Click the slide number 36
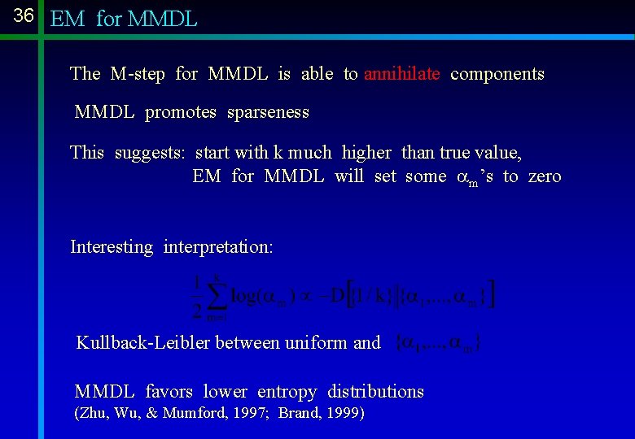[x=23, y=16]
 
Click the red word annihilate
[x=402, y=74]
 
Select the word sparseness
[x=269, y=112]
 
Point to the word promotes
[x=181, y=112]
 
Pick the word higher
[x=366, y=153]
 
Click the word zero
[x=545, y=176]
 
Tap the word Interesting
[x=112, y=247]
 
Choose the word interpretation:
[x=218, y=247]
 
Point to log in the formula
[x=245, y=295]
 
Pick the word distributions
[x=376, y=392]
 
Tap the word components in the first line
[x=497, y=74]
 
